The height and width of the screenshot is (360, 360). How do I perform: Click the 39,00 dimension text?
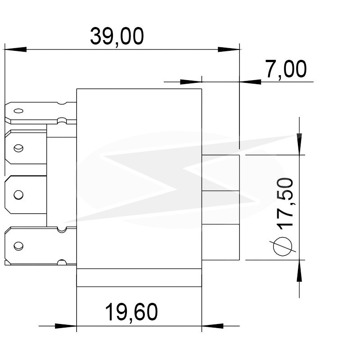[117, 36]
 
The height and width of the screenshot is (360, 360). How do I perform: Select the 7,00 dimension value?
[286, 69]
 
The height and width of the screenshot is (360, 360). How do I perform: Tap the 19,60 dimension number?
[131, 312]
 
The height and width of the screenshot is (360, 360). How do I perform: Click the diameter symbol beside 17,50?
[283, 246]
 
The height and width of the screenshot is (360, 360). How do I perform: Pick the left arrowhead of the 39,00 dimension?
[15, 49]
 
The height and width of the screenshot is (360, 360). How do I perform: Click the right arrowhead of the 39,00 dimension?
[229, 49]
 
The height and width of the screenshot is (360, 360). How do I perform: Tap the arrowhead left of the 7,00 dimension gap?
[191, 82]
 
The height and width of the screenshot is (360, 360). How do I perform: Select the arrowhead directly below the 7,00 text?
[250, 82]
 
